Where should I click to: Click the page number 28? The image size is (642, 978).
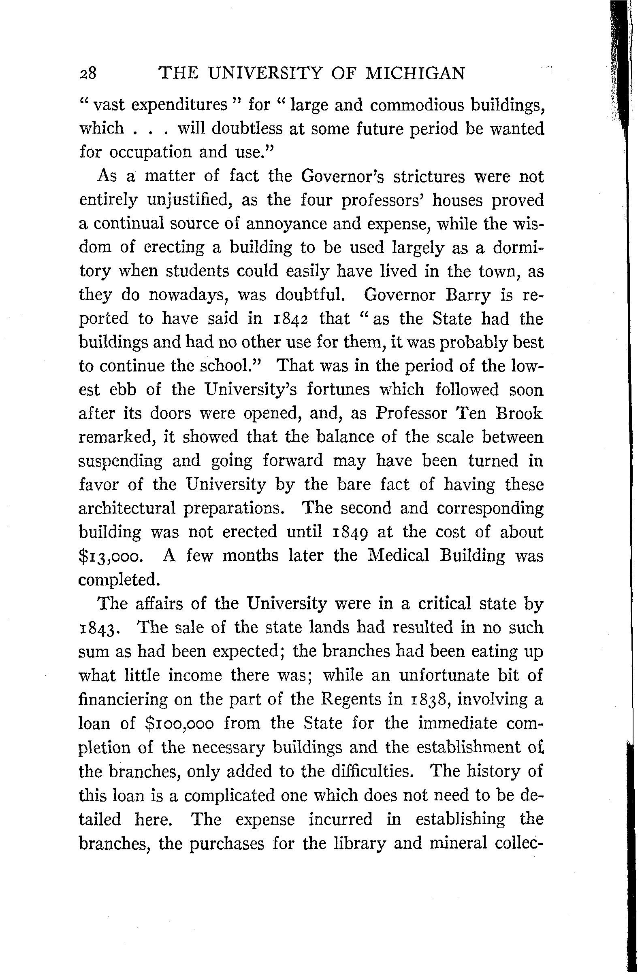[x=87, y=74]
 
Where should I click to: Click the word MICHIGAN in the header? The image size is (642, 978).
[x=416, y=74]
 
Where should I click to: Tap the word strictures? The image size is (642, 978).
[x=428, y=176]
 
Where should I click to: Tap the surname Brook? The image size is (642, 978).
[x=519, y=413]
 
